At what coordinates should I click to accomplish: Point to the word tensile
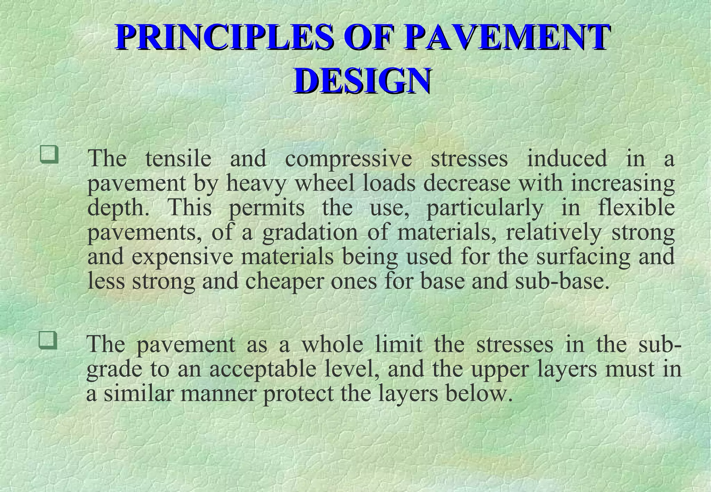178,159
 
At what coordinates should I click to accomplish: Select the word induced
567,159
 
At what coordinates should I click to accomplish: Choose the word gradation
310,233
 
